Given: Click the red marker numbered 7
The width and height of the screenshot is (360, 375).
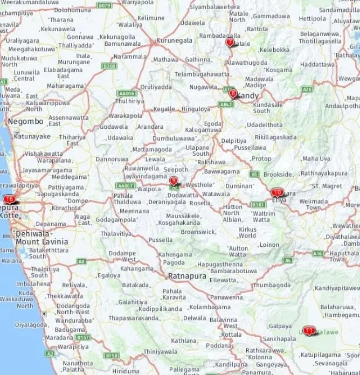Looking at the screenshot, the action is (x=230, y=42).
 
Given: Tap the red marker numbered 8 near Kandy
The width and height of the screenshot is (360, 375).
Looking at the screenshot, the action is (x=233, y=93).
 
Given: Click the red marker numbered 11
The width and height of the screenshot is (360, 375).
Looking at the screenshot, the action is (x=309, y=330).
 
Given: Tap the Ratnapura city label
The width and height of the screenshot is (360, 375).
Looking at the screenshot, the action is (x=187, y=276).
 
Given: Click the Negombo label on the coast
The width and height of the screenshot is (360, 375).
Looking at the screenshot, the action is (x=25, y=121).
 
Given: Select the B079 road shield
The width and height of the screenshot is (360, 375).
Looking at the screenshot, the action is (x=103, y=5).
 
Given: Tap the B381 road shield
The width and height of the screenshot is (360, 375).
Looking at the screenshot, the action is (x=258, y=204).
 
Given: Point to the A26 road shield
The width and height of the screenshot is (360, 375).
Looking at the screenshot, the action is (x=307, y=89).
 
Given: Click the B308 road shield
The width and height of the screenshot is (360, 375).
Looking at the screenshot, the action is (x=109, y=66).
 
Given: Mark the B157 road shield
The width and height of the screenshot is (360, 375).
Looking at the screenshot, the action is (x=83, y=337).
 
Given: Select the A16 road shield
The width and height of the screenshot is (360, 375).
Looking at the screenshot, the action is (x=318, y=253).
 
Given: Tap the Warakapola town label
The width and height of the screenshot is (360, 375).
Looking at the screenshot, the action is (x=126, y=115).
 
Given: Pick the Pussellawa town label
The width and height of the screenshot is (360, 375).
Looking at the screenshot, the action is (x=250, y=147).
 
